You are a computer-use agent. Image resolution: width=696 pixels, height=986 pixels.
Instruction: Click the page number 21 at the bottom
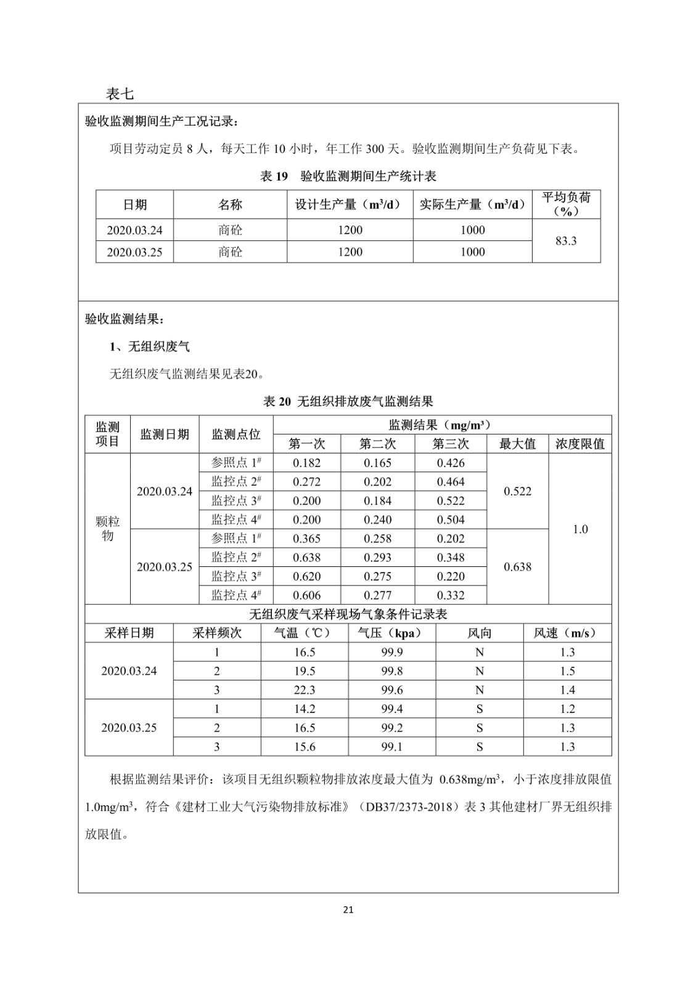tap(348, 909)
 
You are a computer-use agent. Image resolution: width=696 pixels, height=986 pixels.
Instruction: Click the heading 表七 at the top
tap(120, 94)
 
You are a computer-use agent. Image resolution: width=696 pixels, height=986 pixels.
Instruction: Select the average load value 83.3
tap(565, 240)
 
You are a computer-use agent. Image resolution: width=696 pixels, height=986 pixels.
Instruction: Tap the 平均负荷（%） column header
tap(565, 204)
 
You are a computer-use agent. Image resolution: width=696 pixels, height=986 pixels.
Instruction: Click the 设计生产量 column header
tap(350, 205)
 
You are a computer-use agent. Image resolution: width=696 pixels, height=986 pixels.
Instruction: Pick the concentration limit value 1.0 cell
tap(580, 529)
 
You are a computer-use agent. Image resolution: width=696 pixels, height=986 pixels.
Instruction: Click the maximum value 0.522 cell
tap(517, 491)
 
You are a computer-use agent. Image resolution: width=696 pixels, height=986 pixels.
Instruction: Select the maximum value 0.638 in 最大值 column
tap(517, 566)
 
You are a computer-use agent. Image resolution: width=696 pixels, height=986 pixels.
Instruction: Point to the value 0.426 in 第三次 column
tap(451, 463)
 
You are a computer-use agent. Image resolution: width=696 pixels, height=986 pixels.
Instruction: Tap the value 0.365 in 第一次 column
tap(306, 538)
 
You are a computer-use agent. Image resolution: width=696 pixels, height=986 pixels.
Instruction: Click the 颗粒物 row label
tap(107, 528)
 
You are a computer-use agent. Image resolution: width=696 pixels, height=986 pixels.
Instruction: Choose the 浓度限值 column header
tap(579, 444)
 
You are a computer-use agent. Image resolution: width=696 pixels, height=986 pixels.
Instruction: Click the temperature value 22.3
tap(305, 690)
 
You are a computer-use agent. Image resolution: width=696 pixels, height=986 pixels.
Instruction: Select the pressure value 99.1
tap(391, 746)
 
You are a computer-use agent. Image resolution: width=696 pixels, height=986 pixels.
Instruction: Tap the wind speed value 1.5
tap(567, 670)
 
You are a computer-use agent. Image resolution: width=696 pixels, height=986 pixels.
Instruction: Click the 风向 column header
tap(479, 633)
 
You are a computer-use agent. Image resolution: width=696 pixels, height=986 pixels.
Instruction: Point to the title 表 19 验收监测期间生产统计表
tap(348, 176)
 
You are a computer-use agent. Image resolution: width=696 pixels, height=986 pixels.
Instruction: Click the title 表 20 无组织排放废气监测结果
tap(348, 402)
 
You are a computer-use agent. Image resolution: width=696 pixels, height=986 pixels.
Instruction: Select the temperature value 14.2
tap(305, 709)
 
